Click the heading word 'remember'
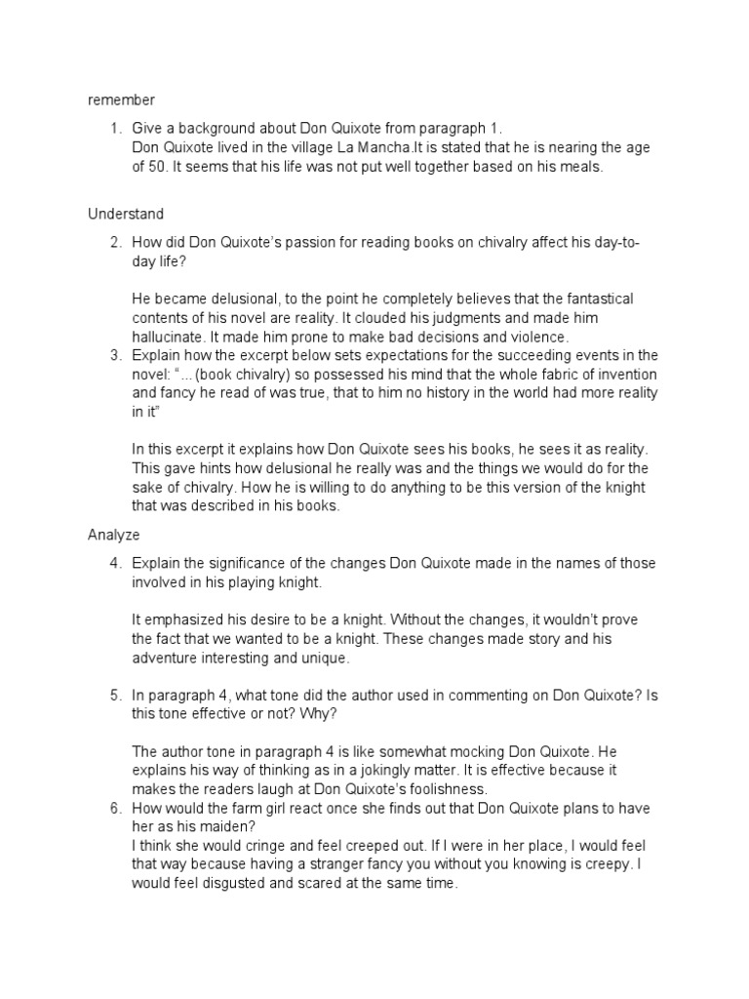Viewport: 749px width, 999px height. click(x=121, y=100)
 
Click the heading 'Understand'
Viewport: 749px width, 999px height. click(x=126, y=214)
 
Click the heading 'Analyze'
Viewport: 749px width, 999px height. click(x=114, y=534)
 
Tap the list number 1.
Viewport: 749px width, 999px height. click(x=115, y=129)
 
